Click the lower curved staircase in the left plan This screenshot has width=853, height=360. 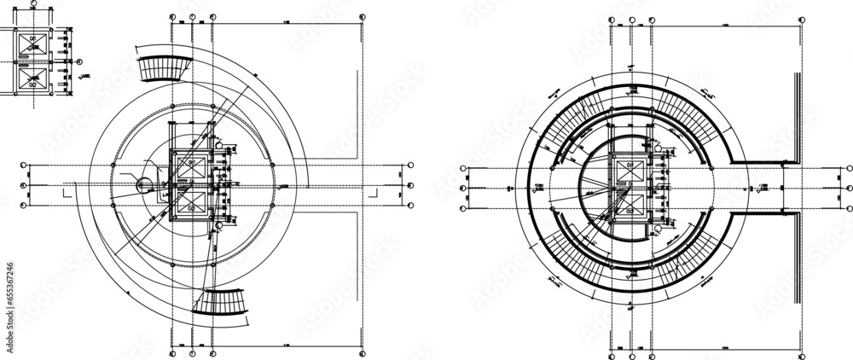221,302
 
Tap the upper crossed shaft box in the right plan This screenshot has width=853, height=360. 630,168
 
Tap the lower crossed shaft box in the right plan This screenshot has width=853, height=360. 630,204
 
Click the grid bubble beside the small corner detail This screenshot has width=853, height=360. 79,61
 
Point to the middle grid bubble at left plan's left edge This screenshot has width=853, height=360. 25,185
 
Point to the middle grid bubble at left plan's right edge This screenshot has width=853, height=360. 411,185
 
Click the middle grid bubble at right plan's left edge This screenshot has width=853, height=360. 462,188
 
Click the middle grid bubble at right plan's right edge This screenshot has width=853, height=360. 849,188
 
